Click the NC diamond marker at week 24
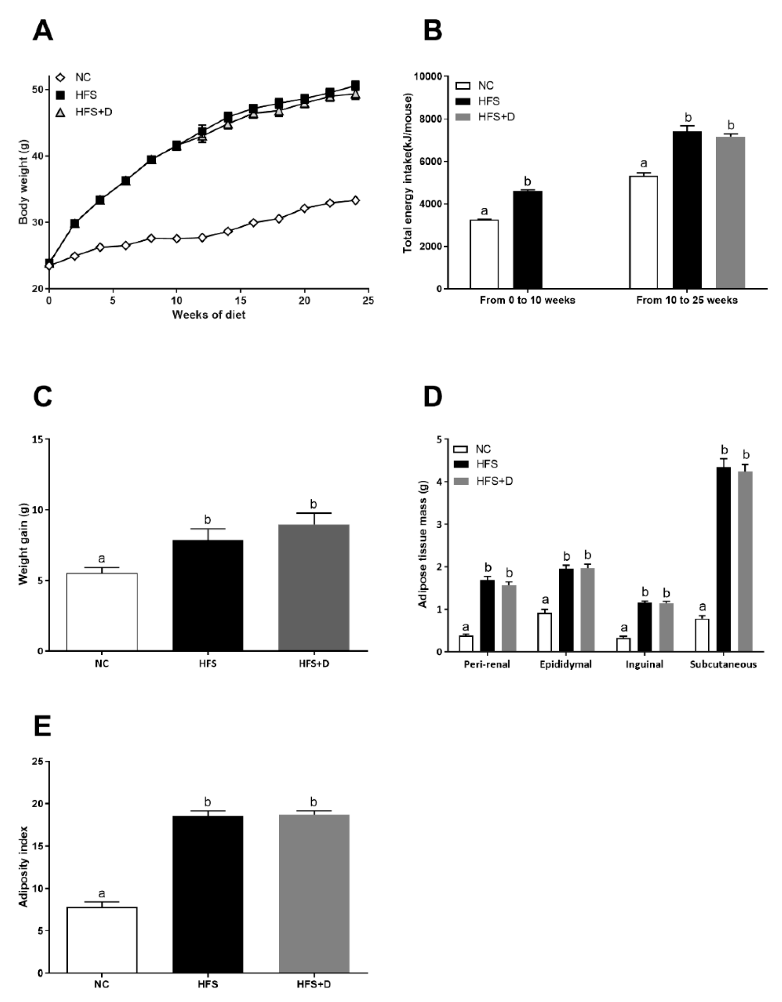[x=355, y=201]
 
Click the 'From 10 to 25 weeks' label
[x=687, y=301]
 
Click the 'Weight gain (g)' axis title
[x=24, y=544]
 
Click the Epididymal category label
[x=566, y=665]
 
